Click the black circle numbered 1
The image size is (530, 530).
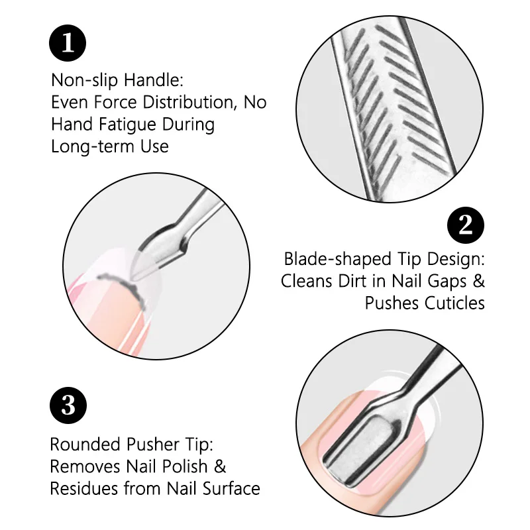tap(68, 42)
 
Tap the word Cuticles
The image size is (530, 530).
tap(453, 303)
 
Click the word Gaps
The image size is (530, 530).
tap(447, 281)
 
